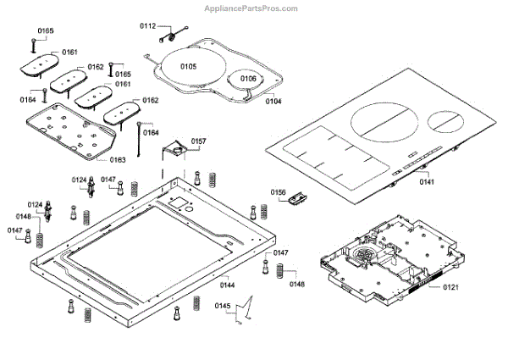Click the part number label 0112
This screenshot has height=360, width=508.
147,27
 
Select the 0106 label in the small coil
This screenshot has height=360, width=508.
247,79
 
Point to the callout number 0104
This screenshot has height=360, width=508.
273,101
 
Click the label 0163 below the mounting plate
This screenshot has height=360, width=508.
118,158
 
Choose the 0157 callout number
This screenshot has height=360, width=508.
198,141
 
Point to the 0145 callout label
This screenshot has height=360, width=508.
222,305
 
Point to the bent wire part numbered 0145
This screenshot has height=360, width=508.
245,310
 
